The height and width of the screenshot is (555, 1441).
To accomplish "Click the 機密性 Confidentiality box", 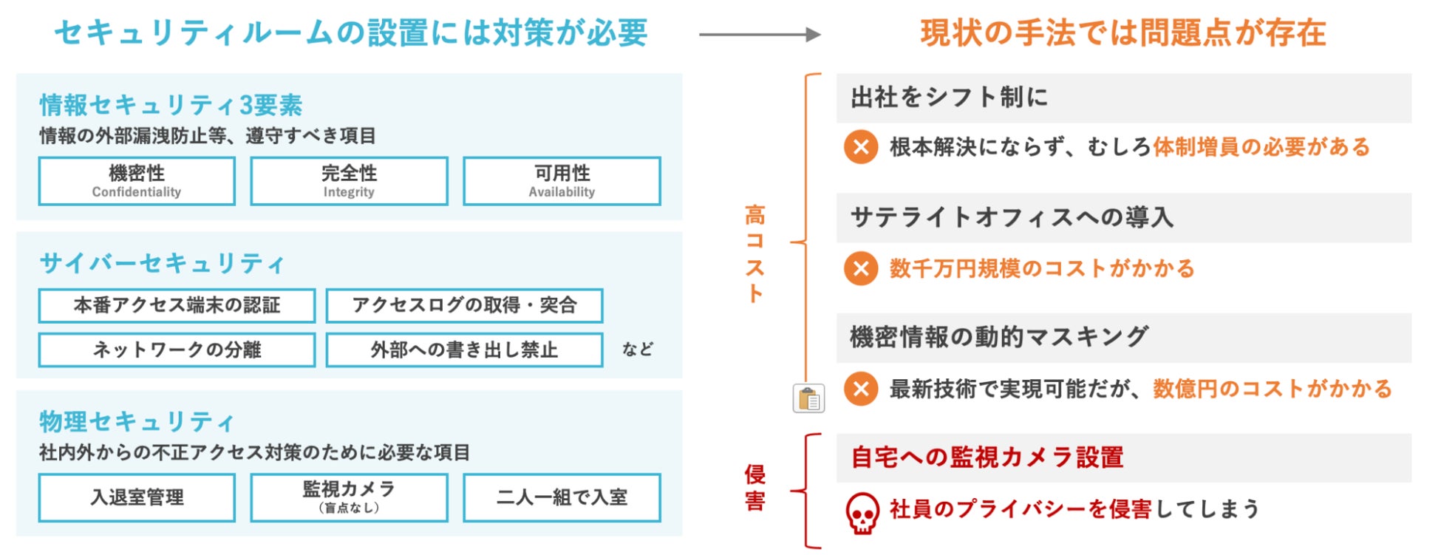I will pos(137,181).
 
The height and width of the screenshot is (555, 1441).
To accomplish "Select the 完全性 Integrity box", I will pos(349,181).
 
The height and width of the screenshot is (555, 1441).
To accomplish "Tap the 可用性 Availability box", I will pos(562,181).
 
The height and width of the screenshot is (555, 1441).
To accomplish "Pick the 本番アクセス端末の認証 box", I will pos(177,305).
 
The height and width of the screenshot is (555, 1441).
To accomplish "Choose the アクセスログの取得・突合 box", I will pos(464,305).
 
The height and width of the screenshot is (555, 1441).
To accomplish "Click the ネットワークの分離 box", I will pos(177,350).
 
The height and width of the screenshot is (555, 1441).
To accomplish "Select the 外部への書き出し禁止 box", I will pos(464,350).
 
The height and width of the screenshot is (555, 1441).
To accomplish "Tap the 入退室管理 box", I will pos(137,497).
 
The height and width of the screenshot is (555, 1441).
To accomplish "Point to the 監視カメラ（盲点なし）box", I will pos(349,497).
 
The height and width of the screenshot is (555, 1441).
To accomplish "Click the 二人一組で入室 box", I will pos(562,497).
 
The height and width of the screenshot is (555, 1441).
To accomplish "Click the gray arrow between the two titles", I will pos(760,35).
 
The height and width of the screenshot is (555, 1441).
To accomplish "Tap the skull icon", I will pos(862,513).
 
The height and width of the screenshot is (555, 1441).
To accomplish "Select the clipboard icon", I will pos(808,399).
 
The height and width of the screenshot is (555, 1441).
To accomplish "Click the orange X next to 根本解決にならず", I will pos(861,147).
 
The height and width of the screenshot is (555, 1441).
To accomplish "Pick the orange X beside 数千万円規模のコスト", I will pos(861,268).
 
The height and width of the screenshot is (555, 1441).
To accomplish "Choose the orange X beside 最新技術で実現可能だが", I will pos(861,389).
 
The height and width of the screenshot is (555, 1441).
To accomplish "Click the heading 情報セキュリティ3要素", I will pos(171,105).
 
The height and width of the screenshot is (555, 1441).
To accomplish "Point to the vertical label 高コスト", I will pos(754,253).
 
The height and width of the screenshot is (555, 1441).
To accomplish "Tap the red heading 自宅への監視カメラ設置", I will pos(987,457).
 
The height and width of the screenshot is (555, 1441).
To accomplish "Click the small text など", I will pos(637,349).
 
